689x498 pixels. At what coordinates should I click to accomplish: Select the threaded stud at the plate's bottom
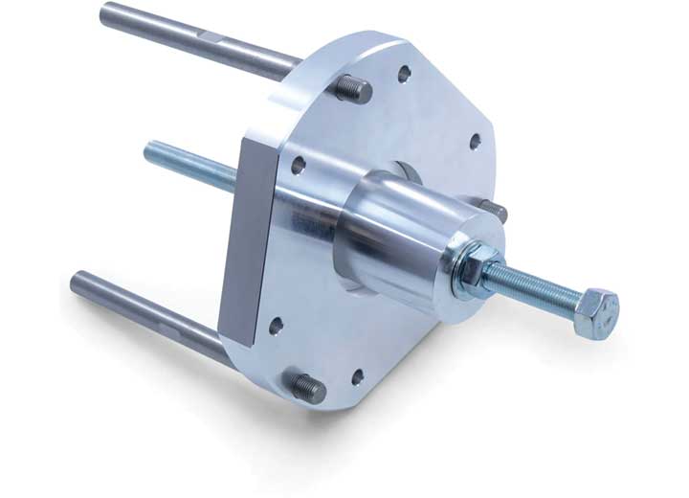pyautogui.click(x=306, y=386)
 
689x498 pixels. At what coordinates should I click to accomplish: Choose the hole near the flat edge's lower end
pyautogui.click(x=276, y=326)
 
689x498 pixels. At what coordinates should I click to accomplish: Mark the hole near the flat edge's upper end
pyautogui.click(x=300, y=165)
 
